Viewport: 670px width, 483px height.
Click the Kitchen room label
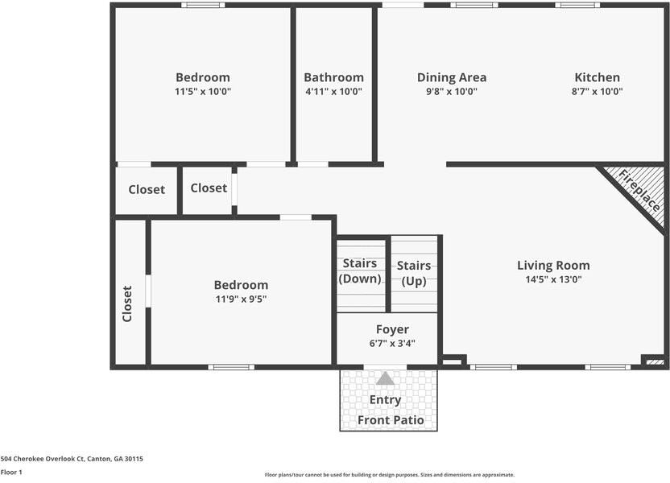click(597, 77)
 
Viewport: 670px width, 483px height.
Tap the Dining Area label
click(451, 77)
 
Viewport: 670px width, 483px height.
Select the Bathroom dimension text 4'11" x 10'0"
click(333, 92)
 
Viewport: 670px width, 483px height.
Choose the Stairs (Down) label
click(360, 271)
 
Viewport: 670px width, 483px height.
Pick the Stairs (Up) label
click(413, 273)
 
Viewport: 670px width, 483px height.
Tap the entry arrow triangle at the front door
click(386, 378)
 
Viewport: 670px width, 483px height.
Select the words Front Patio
click(391, 420)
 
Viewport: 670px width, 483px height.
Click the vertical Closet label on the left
click(127, 303)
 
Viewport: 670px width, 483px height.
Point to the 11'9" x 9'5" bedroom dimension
click(241, 299)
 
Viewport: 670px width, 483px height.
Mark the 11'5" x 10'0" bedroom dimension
click(203, 92)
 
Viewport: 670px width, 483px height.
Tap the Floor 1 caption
click(11, 472)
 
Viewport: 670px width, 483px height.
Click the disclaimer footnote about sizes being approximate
click(389, 475)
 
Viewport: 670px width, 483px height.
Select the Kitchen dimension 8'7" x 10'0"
click(597, 92)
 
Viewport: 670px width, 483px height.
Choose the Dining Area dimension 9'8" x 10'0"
click(451, 92)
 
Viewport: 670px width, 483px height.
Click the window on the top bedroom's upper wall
click(203, 5)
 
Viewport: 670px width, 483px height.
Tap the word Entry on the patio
click(385, 400)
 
